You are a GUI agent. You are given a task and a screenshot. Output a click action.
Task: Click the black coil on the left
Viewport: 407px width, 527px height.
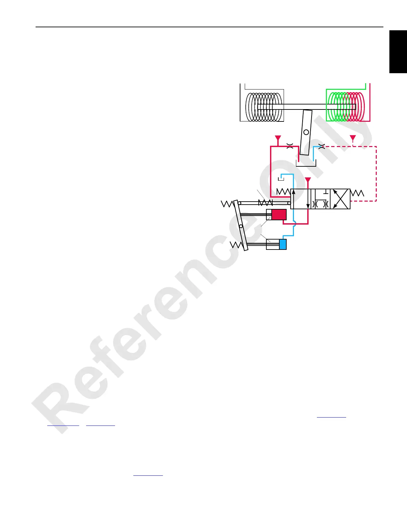(264, 107)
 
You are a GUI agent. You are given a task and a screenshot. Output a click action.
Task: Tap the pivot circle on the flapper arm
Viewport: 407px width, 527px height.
(306, 132)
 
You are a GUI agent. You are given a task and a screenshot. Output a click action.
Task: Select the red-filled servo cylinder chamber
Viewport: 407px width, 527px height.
(279, 215)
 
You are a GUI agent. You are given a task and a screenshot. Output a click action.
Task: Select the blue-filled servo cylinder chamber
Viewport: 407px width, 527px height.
(283, 244)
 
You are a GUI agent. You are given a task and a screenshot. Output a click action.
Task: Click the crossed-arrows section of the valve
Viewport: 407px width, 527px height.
(340, 199)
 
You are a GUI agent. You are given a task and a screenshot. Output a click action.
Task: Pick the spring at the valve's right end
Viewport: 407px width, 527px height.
(357, 193)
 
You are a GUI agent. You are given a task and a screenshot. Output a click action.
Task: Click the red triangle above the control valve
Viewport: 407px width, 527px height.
(308, 181)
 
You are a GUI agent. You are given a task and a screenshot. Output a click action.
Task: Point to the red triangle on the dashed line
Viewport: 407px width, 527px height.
(353, 138)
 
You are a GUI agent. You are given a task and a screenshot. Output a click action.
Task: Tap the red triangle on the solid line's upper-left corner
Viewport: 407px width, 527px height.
(278, 138)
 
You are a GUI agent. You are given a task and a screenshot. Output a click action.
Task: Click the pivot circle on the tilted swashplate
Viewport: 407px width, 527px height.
(241, 226)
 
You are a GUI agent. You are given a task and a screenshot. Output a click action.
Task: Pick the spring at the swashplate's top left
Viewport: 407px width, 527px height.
(227, 204)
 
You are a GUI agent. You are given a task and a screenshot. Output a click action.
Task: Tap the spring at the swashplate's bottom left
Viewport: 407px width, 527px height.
(236, 245)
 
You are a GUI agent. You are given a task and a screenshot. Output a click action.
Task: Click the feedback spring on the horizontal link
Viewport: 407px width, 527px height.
(265, 203)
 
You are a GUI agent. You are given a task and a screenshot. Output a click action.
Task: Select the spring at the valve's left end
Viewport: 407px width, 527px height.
(283, 192)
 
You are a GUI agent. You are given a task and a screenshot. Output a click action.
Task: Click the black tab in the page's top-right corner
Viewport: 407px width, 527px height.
(398, 52)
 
